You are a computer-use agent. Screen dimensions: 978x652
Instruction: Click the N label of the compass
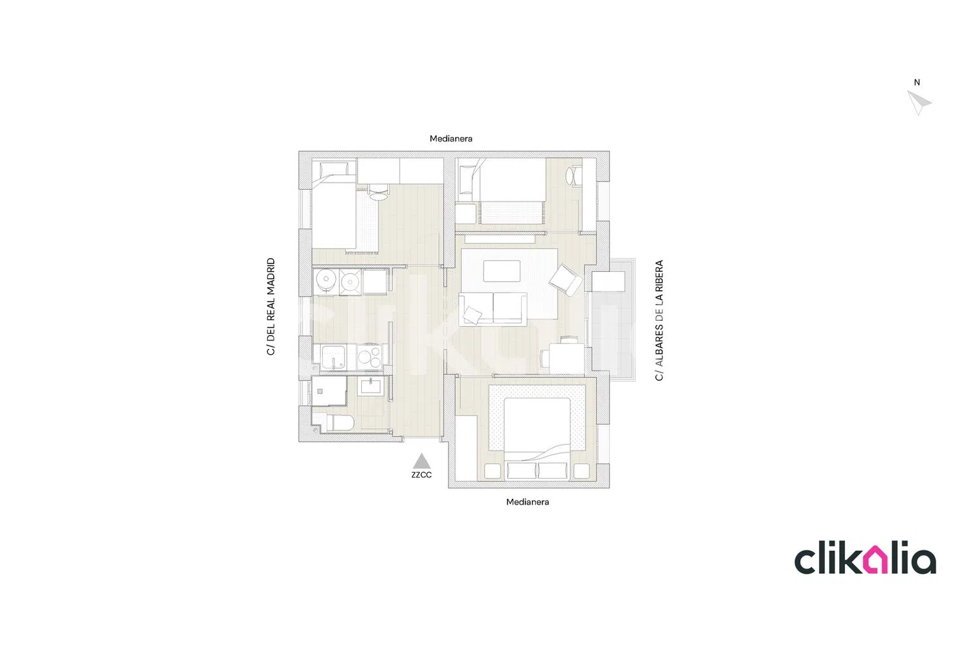[917, 82]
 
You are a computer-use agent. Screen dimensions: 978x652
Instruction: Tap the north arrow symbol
[919, 102]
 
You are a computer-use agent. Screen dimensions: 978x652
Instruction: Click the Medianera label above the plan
[451, 138]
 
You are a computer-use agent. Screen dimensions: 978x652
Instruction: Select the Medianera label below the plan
[527, 502]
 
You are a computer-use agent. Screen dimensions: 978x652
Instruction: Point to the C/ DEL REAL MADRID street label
[271, 306]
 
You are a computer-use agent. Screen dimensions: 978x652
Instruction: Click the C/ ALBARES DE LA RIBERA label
[659, 321]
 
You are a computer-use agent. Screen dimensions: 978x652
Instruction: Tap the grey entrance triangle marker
[422, 461]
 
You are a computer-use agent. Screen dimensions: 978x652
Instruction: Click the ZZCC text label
[421, 475]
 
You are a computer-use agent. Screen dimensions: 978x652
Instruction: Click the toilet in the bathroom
[338, 422]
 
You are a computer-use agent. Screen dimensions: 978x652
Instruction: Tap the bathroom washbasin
[371, 387]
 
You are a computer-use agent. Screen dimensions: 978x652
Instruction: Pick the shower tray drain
[320, 391]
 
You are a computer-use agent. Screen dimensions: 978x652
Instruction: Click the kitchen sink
[334, 358]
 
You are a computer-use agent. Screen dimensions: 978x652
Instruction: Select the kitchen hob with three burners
[370, 357]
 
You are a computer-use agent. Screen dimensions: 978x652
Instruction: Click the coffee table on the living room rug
[501, 271]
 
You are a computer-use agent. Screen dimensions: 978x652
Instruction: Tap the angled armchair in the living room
[565, 280]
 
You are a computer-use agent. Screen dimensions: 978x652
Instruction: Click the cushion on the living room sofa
[473, 315]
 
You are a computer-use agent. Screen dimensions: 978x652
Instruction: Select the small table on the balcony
[608, 281]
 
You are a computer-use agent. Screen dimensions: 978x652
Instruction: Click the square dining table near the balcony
[567, 359]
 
